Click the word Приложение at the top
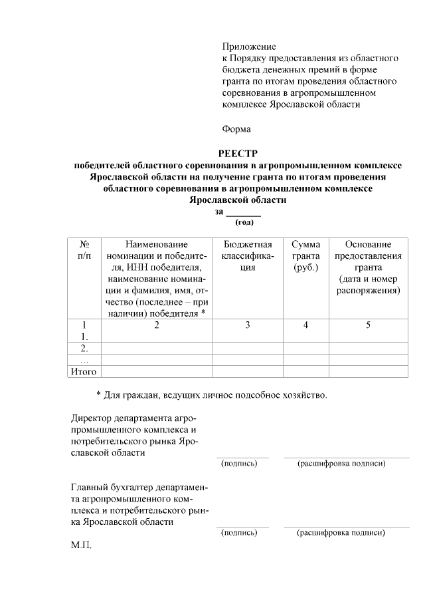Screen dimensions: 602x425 point(248,47)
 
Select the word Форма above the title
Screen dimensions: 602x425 point(236,128)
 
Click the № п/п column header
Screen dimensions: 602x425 point(84,250)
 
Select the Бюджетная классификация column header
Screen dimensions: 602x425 point(248,256)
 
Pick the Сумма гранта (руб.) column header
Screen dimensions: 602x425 point(305,256)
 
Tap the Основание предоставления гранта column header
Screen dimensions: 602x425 point(368,267)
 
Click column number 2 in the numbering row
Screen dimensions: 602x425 point(157,325)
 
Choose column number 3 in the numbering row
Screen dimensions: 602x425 point(248,325)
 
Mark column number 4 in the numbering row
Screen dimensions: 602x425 point(305,325)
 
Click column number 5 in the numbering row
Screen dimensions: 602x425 point(368,325)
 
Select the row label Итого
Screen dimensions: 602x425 point(84,371)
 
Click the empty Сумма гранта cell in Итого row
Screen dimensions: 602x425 point(305,371)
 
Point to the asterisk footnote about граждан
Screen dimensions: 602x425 point(212,396)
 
